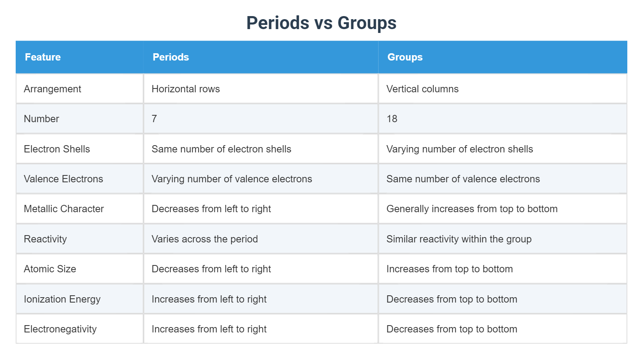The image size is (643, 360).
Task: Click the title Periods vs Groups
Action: click(x=321, y=23)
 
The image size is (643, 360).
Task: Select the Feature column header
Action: click(x=43, y=57)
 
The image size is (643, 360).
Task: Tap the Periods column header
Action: click(x=171, y=57)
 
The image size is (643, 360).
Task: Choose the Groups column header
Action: click(x=405, y=57)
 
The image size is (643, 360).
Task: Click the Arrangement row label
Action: click(x=52, y=89)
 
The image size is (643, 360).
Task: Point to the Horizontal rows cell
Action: click(x=186, y=89)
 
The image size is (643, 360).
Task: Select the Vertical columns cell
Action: click(x=422, y=89)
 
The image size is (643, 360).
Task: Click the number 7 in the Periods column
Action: click(x=154, y=119)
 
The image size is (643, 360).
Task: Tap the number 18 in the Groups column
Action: click(x=392, y=119)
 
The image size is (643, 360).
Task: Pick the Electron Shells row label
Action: click(x=57, y=149)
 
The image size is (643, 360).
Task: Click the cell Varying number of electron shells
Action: click(x=459, y=149)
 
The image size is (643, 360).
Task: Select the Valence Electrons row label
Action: click(x=63, y=179)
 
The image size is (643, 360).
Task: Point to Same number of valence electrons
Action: click(x=463, y=179)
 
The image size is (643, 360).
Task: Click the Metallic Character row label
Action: click(x=64, y=209)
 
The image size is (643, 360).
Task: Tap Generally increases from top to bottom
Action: click(x=472, y=209)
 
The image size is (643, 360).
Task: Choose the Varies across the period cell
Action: click(x=204, y=239)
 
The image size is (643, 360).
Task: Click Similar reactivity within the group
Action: click(x=459, y=239)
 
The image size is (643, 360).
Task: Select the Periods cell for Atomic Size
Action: click(x=211, y=269)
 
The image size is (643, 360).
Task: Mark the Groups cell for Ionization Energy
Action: click(x=452, y=299)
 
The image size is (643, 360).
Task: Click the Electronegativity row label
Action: click(x=60, y=329)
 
